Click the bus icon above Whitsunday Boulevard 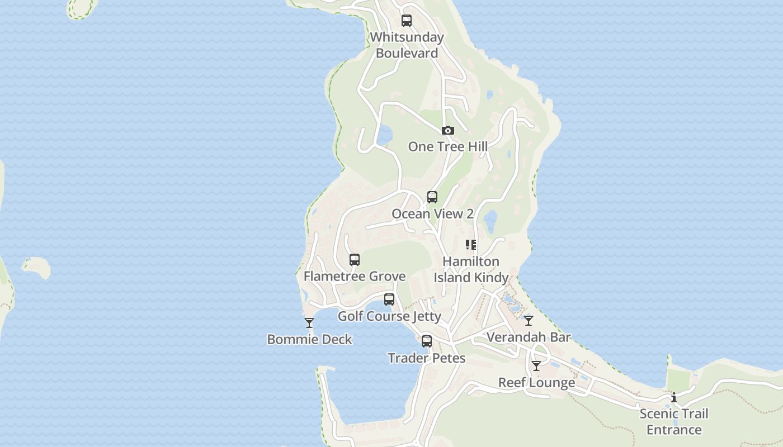tap(407, 21)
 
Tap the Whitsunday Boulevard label tap(407, 45)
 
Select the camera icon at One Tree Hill tap(447, 130)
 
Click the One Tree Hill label tap(447, 146)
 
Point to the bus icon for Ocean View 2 tap(432, 197)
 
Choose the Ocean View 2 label tap(432, 213)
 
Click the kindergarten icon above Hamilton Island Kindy tap(471, 244)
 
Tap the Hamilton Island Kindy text tap(471, 269)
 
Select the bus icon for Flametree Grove tap(355, 259)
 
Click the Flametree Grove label tap(355, 276)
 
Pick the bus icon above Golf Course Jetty tap(389, 299)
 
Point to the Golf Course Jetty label tap(389, 316)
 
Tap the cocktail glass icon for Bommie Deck tap(309, 322)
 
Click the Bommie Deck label tap(309, 339)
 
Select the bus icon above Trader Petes tap(427, 341)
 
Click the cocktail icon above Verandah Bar tap(529, 320)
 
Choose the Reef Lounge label tap(536, 383)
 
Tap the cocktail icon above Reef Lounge tap(536, 365)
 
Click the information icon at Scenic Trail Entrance tap(674, 397)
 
